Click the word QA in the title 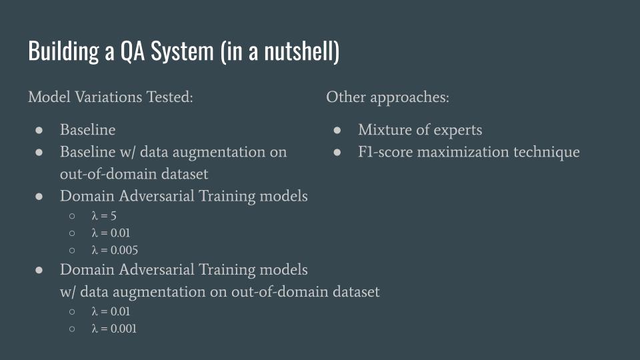pyautogui.click(x=132, y=51)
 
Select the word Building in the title pyautogui.click(x=63, y=52)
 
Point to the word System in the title pyautogui.click(x=182, y=52)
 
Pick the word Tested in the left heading pyautogui.click(x=170, y=97)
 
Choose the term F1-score pyautogui.click(x=385, y=152)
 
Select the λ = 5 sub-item pyautogui.click(x=104, y=216)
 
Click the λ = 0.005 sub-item pyautogui.click(x=115, y=250)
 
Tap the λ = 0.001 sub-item pyautogui.click(x=114, y=329)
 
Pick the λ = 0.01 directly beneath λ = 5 pyautogui.click(x=111, y=233)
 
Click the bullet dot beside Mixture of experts pyautogui.click(x=337, y=130)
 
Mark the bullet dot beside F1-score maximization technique pyautogui.click(x=337, y=153)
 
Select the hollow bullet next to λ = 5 pyautogui.click(x=72, y=216)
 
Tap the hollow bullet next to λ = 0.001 pyautogui.click(x=72, y=329)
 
